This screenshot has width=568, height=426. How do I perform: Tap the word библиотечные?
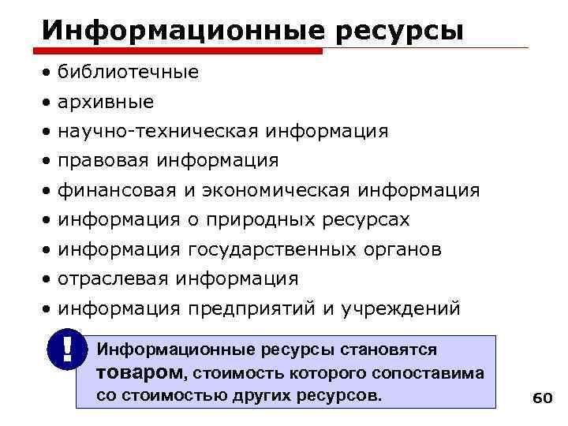(129, 73)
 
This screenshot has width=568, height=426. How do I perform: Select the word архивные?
(106, 102)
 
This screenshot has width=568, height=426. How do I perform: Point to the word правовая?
(105, 160)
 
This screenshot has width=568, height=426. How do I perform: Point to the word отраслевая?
(114, 278)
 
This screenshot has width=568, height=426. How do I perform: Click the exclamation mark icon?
(65, 349)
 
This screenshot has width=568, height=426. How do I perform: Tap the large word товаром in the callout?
(139, 372)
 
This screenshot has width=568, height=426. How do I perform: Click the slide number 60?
(542, 398)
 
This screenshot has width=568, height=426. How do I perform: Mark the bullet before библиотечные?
(50, 73)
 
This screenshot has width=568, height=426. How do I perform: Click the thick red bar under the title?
(182, 50)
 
